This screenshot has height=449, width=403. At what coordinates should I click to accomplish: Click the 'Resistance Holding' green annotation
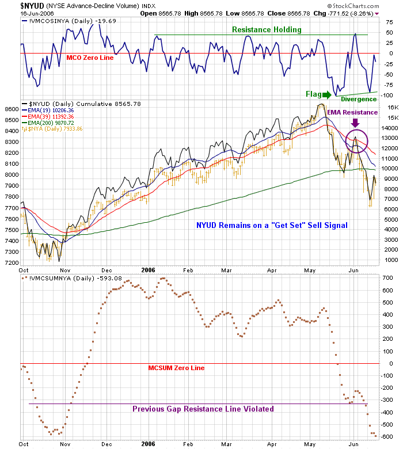(x=267, y=29)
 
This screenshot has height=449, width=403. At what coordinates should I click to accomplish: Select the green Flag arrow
(x=326, y=94)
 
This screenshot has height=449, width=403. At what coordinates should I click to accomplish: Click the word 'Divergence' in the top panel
(x=359, y=99)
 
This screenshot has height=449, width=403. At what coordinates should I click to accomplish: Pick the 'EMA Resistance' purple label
(x=353, y=112)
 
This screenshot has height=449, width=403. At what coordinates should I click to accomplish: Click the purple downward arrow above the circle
(x=356, y=123)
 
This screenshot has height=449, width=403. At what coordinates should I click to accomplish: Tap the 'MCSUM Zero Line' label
(x=176, y=368)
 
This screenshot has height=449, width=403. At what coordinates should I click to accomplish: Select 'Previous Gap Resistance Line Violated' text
(x=203, y=409)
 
